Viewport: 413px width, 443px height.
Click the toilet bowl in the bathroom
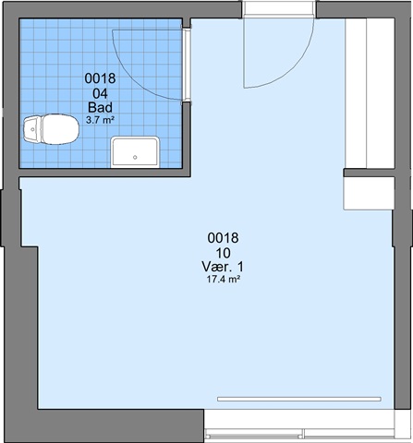[x=60, y=129]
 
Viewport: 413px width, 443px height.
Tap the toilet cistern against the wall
[x=32, y=129]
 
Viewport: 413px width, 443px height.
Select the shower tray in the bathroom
[x=135, y=152]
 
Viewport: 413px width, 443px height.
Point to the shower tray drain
[x=135, y=158]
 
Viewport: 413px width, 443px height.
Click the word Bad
[x=100, y=108]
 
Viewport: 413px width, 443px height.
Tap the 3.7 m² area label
[x=100, y=120]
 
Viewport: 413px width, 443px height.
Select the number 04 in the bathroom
[x=100, y=93]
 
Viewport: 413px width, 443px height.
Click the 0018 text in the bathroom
[x=100, y=78]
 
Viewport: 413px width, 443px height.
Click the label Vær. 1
[x=223, y=267]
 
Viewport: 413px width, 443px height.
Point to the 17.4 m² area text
[x=223, y=280]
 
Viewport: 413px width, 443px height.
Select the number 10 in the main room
[x=223, y=253]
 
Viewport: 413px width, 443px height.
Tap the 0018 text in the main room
[x=223, y=238]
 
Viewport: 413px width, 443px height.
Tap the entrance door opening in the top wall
[x=279, y=8]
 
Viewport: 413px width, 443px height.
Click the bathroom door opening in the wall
[x=187, y=65]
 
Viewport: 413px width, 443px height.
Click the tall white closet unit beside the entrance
[x=370, y=93]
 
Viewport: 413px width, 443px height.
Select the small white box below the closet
[x=369, y=194]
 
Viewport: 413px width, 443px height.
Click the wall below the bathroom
[x=104, y=173]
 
